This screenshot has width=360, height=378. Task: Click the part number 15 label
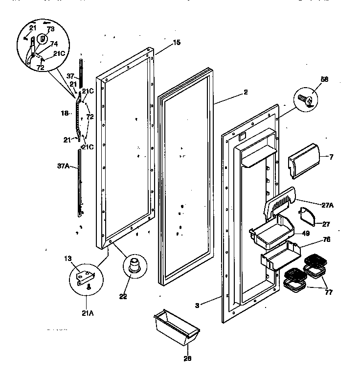177,43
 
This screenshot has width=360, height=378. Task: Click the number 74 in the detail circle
54,43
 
